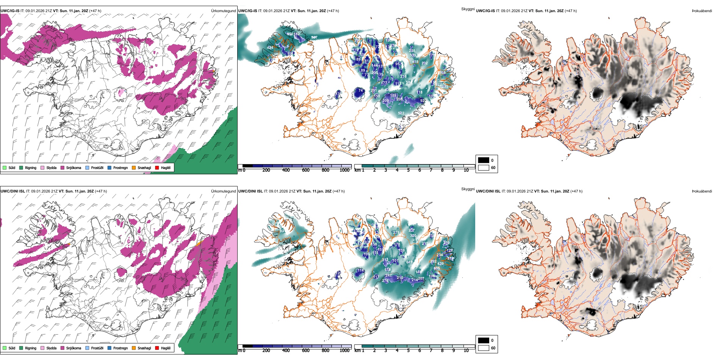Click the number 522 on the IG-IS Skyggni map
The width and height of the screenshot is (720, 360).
point(401,113)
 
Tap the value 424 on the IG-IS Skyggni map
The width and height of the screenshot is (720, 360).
point(270,48)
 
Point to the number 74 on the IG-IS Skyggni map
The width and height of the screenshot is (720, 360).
point(360,91)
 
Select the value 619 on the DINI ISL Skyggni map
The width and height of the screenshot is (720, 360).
point(409,262)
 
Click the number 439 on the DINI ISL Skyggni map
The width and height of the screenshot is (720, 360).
point(440,264)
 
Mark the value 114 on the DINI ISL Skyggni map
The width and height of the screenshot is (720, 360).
point(360,271)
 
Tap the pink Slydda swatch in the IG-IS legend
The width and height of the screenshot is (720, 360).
point(42,167)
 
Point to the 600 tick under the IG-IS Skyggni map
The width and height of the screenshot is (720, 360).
point(305,170)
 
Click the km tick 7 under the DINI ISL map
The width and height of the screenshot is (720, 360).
point(431,351)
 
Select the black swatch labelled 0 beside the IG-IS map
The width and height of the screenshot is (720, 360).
point(484,160)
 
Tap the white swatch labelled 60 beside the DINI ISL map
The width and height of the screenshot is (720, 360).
point(484,348)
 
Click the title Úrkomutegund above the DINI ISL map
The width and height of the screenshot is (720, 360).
point(223,191)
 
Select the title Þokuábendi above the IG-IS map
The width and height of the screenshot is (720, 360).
point(702,11)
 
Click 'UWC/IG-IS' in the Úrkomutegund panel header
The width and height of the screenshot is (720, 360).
point(10,11)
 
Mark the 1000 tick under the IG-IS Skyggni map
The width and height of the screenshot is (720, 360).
point(344,170)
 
